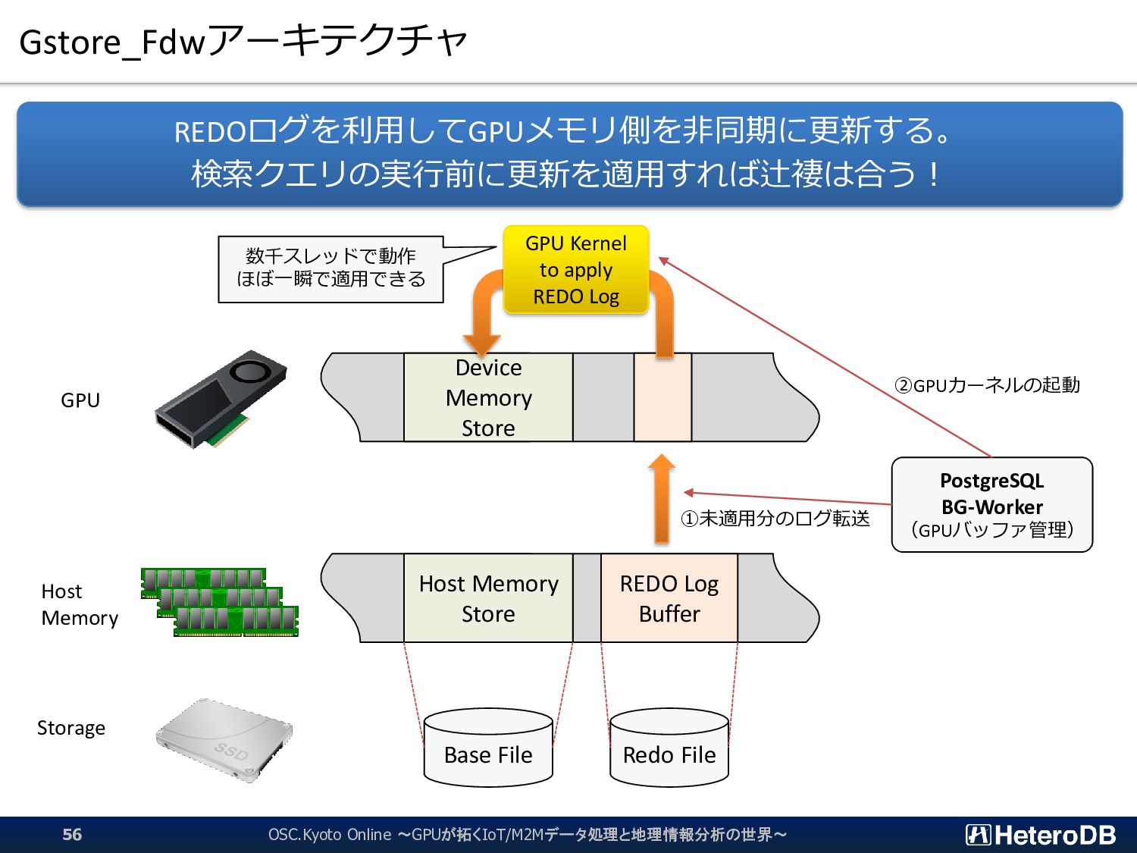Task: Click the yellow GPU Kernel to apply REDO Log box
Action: (x=576, y=269)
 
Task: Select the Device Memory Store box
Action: (x=488, y=397)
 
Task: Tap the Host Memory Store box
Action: (x=488, y=598)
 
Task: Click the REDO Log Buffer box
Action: (x=669, y=598)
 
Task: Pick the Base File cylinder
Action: (x=488, y=748)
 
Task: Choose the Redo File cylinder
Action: (x=669, y=748)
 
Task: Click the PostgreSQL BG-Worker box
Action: (x=992, y=504)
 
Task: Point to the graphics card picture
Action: (x=221, y=399)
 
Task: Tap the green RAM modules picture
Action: (x=220, y=602)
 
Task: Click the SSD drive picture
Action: (x=224, y=739)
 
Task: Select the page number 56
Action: (x=72, y=834)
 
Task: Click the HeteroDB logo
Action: (x=1041, y=835)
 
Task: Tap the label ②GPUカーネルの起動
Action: (x=988, y=385)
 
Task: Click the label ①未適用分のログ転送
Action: (x=775, y=519)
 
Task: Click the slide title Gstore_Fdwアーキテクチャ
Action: (x=243, y=42)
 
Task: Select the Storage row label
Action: (x=71, y=728)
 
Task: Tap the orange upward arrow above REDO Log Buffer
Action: (x=662, y=499)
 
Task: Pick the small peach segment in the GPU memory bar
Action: (x=662, y=397)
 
